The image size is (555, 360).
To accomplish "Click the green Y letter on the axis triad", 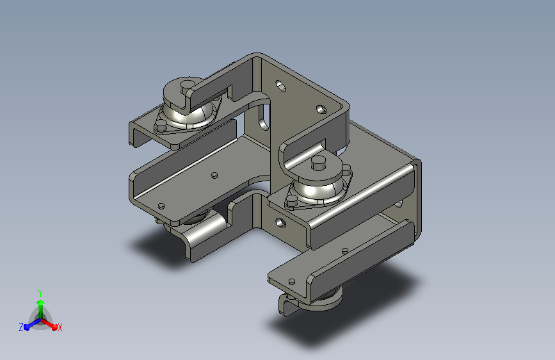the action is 40,293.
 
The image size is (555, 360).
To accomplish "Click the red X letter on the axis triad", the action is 60,327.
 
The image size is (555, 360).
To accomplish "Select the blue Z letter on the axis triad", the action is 21,327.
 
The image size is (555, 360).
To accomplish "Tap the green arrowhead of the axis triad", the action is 41,302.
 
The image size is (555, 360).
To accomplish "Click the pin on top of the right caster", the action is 319,163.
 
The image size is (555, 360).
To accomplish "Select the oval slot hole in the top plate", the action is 280,86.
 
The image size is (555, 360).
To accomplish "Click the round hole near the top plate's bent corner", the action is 321,109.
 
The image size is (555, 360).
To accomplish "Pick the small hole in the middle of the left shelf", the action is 214,175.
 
